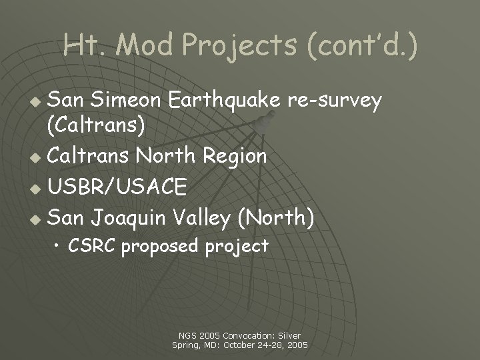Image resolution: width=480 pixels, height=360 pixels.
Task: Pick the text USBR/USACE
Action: pos(118,187)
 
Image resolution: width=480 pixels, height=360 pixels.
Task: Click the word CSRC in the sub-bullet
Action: pos(93,246)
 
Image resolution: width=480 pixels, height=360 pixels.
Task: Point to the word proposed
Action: pos(160,246)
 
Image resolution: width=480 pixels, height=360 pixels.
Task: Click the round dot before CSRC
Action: pos(59,247)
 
